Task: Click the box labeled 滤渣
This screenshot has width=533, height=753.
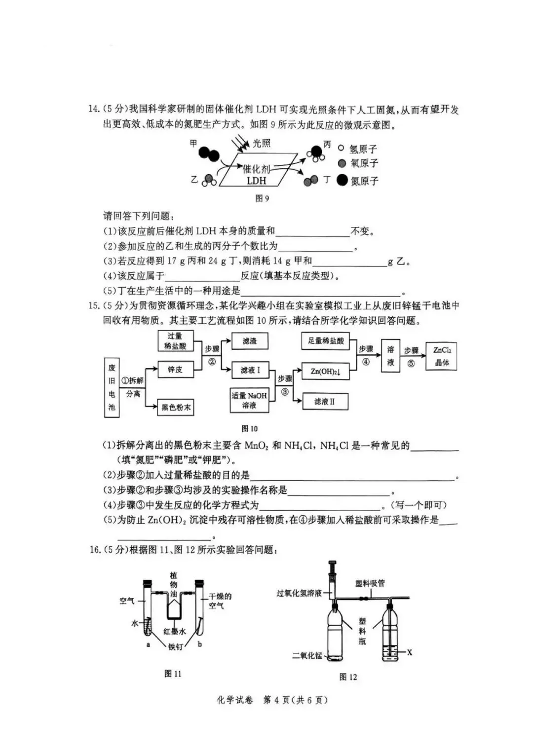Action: tap(250, 341)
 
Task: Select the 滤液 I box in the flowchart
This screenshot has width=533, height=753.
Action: tap(250, 370)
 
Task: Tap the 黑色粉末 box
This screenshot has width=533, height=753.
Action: tap(175, 407)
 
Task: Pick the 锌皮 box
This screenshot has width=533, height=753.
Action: tap(175, 369)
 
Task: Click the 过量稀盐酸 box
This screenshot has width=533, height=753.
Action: tap(175, 341)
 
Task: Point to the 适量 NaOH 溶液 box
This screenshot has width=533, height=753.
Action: tap(249, 400)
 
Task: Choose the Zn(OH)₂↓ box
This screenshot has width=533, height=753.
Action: tap(326, 372)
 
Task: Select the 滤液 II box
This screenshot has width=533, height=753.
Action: tap(325, 402)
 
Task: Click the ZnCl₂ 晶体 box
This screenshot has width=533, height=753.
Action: tap(442, 356)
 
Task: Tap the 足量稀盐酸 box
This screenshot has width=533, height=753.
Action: tap(326, 340)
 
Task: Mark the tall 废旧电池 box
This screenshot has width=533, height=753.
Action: tap(112, 387)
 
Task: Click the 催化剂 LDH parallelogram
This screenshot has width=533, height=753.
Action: tap(257, 169)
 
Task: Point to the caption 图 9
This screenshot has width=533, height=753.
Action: tap(262, 198)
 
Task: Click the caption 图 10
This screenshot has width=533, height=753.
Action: tap(250, 428)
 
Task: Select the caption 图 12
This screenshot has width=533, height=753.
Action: tap(348, 677)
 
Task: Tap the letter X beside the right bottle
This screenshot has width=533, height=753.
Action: tap(409, 653)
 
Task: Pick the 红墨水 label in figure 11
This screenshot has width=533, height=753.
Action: tap(175, 632)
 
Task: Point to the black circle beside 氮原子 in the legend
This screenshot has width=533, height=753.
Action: tap(342, 180)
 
